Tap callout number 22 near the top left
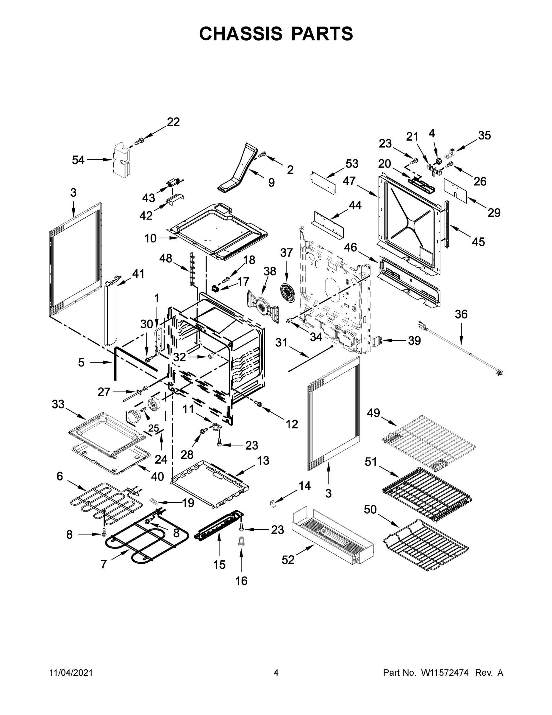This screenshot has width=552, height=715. (173, 122)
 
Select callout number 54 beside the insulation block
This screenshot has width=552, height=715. (78, 160)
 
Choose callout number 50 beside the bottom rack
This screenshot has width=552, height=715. (370, 509)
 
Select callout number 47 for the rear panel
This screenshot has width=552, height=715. (349, 181)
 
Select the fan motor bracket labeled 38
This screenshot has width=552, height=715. (262, 307)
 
